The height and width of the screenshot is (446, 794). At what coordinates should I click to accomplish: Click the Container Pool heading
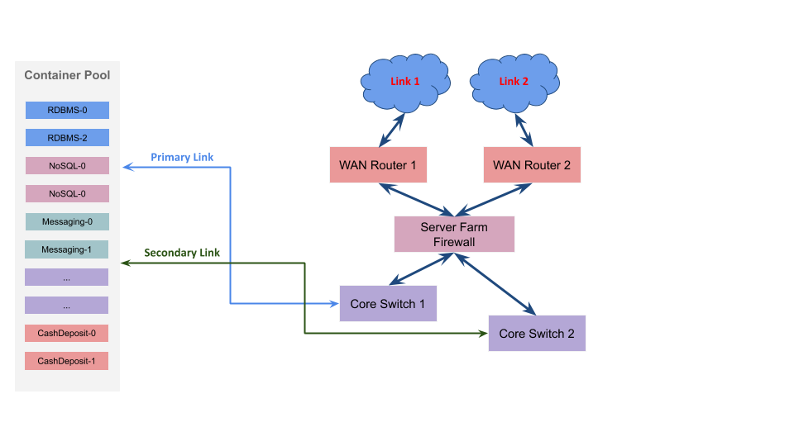point(67,75)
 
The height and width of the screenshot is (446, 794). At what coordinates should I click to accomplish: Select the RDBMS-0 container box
point(67,110)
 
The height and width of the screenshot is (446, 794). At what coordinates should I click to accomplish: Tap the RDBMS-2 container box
point(67,138)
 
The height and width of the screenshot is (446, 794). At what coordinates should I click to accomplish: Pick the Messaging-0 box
point(67,221)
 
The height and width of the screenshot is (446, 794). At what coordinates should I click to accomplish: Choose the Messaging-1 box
point(67,249)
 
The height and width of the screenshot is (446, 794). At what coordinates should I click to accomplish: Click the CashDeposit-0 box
point(66,333)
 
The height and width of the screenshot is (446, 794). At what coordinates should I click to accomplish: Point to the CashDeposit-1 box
point(66,361)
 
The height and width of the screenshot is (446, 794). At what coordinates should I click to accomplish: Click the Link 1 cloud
point(405,82)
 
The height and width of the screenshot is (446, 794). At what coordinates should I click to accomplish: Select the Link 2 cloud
point(514,82)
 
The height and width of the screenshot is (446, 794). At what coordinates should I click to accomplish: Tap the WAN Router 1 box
point(378,165)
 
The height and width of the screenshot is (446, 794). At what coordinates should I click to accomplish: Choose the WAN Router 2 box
point(532,165)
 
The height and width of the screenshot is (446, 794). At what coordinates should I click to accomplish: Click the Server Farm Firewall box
point(454,234)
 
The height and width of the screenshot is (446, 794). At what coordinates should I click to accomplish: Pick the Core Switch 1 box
point(388,303)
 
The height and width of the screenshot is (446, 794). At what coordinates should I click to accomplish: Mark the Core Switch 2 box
point(537,333)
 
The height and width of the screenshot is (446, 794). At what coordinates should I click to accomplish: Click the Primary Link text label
point(182,157)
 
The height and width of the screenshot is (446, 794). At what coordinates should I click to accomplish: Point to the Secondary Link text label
point(182,253)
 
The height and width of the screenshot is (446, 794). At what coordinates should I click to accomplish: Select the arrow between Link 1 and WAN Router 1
point(392,130)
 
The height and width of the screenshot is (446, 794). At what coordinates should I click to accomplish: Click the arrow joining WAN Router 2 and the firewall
point(494,200)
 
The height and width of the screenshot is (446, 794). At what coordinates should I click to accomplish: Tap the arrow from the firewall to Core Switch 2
point(495,284)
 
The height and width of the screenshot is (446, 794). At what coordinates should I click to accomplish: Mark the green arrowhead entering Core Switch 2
point(483,333)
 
